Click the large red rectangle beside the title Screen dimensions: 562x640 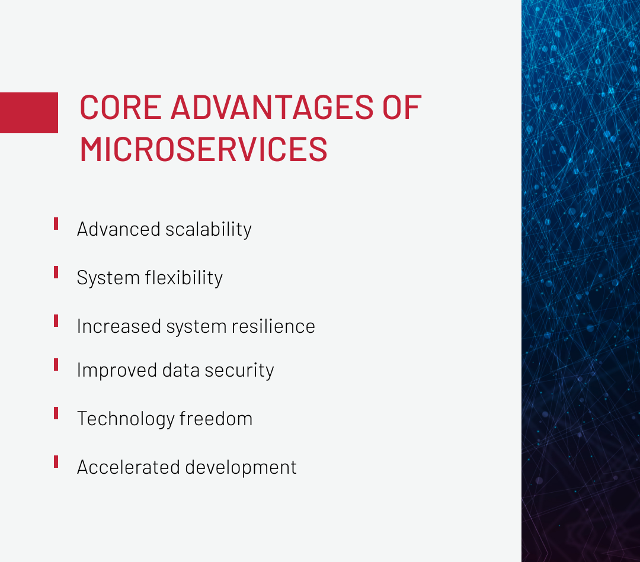click(x=29, y=113)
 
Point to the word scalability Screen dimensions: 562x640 click(x=209, y=230)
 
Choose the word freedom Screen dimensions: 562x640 click(x=216, y=419)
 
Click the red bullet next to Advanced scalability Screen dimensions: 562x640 click(x=56, y=223)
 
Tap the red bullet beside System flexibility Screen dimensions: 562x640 click(x=56, y=272)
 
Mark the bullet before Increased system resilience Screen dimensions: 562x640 click(x=56, y=320)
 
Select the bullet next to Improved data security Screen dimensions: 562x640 click(x=56, y=364)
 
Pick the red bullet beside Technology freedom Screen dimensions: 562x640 click(x=56, y=413)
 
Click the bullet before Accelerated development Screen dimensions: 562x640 click(x=56, y=461)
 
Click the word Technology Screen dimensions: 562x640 click(x=126, y=419)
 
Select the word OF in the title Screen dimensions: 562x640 click(x=402, y=108)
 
